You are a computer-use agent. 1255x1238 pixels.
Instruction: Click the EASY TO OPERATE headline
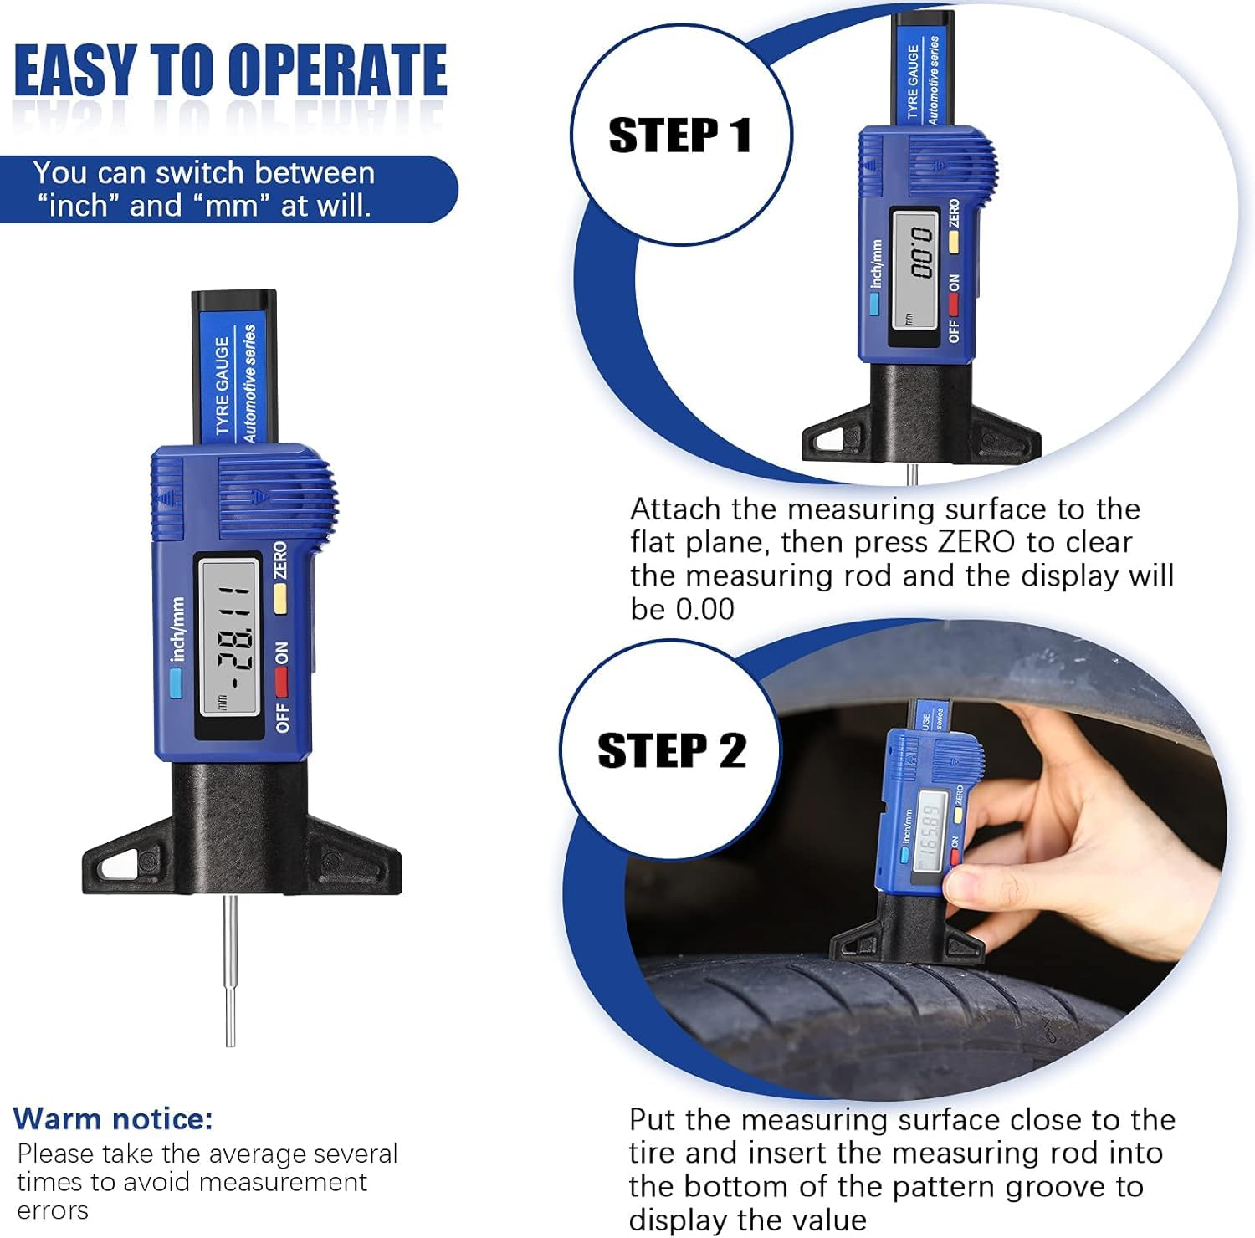[230, 70]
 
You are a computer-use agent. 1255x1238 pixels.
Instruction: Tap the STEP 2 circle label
[671, 750]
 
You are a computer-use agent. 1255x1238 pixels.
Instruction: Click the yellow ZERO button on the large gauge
[280, 597]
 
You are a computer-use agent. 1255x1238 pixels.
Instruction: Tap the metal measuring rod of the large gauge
[229, 970]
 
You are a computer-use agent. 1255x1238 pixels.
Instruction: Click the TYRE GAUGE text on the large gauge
[222, 385]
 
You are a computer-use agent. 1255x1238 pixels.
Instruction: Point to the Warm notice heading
[113, 1118]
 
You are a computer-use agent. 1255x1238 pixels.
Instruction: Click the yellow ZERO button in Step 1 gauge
[953, 242]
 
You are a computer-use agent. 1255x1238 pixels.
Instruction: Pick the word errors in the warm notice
[52, 1210]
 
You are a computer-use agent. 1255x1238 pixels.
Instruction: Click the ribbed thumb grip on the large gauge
[276, 499]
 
